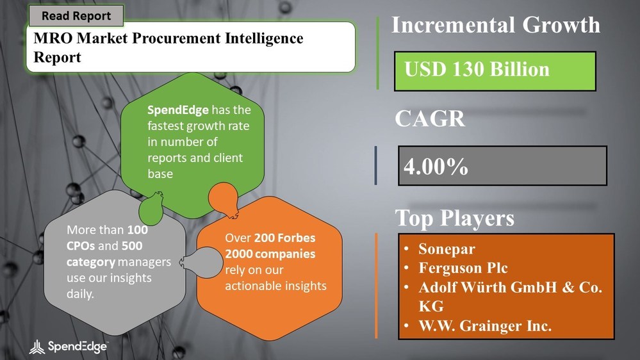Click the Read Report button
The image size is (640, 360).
click(x=76, y=16)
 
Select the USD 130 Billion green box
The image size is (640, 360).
click(x=495, y=71)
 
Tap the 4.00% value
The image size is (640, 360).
click(x=436, y=167)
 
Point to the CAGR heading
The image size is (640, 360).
click(x=430, y=119)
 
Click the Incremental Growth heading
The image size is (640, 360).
click(x=496, y=25)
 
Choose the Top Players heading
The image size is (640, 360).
click(x=455, y=218)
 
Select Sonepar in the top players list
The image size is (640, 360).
click(x=447, y=249)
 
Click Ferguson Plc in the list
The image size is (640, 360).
click(x=463, y=268)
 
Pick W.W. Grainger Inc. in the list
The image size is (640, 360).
click(x=485, y=325)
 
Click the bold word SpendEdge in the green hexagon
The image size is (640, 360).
click(x=178, y=110)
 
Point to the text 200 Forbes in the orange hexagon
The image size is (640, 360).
click(x=285, y=238)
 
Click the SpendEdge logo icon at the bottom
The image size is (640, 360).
click(x=37, y=347)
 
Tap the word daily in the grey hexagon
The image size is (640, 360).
click(x=80, y=294)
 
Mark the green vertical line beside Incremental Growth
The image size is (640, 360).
click(x=377, y=53)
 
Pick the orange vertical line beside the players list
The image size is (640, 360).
click(x=376, y=286)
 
